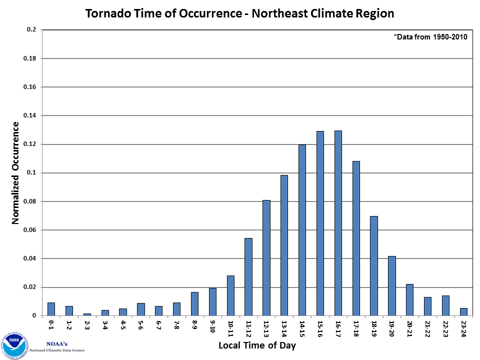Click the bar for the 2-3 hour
(x=87, y=314)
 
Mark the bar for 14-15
(x=302, y=230)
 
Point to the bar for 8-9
(x=194, y=304)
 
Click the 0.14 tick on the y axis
(x=31, y=116)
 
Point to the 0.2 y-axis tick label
(x=32, y=30)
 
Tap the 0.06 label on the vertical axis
(x=31, y=230)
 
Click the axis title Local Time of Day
(x=257, y=346)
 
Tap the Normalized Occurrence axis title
(x=15, y=173)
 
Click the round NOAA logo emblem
(x=14, y=344)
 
